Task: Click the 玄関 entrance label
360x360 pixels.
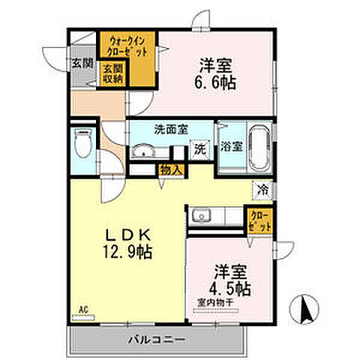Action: (82, 63)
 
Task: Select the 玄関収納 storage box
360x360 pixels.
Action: (112, 74)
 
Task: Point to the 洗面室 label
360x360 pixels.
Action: (151, 127)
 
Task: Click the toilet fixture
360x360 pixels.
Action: (82, 142)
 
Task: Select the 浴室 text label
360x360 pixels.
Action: (229, 146)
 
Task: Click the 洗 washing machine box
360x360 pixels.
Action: (199, 149)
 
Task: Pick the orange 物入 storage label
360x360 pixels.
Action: (170, 170)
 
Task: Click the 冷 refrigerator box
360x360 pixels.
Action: (263, 189)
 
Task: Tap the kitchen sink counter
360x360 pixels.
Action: (214, 217)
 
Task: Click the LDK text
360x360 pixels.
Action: (129, 234)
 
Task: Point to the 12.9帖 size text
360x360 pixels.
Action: (129, 252)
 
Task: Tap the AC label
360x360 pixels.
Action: (82, 308)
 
